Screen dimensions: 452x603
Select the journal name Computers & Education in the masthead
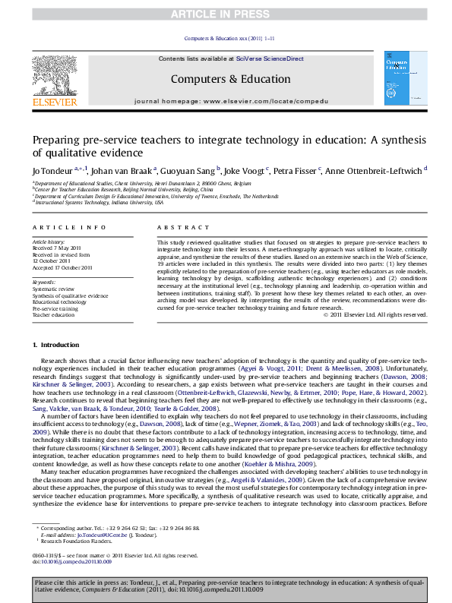[230, 79]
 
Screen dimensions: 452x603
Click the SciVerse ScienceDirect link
[270, 58]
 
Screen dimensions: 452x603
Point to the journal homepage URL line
[229, 100]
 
